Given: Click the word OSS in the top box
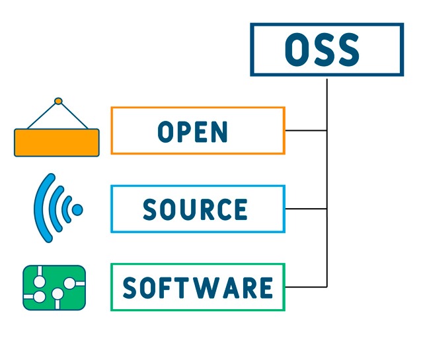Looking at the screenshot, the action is point(322,50).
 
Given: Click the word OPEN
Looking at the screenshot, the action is point(192,131).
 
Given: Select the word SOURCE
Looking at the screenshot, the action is point(195,209).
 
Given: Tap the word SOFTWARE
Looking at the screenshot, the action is point(198,288).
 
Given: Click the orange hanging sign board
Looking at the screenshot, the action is point(57,143).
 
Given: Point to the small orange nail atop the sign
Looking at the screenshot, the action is point(58,101).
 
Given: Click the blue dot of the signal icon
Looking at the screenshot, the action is point(77,210).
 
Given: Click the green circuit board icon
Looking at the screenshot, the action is point(54,288).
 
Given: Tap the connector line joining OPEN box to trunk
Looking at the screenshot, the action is point(306,131).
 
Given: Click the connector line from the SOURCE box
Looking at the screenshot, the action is point(306,209).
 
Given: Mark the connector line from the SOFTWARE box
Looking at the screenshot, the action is point(306,287).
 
